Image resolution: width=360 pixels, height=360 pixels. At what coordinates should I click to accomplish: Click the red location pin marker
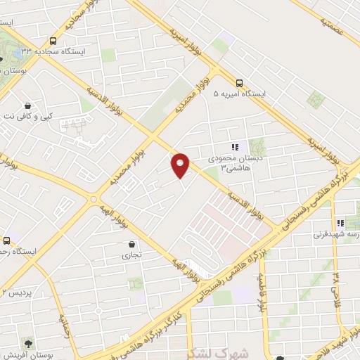(181, 164)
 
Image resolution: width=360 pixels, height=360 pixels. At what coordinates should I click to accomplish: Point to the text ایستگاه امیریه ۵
(261, 93)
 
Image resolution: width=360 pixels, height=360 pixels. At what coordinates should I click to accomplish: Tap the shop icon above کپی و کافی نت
(27, 105)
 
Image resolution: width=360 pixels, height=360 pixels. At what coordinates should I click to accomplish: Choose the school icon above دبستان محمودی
(235, 147)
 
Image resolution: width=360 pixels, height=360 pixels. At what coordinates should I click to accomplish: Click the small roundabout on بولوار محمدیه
(94, 200)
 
